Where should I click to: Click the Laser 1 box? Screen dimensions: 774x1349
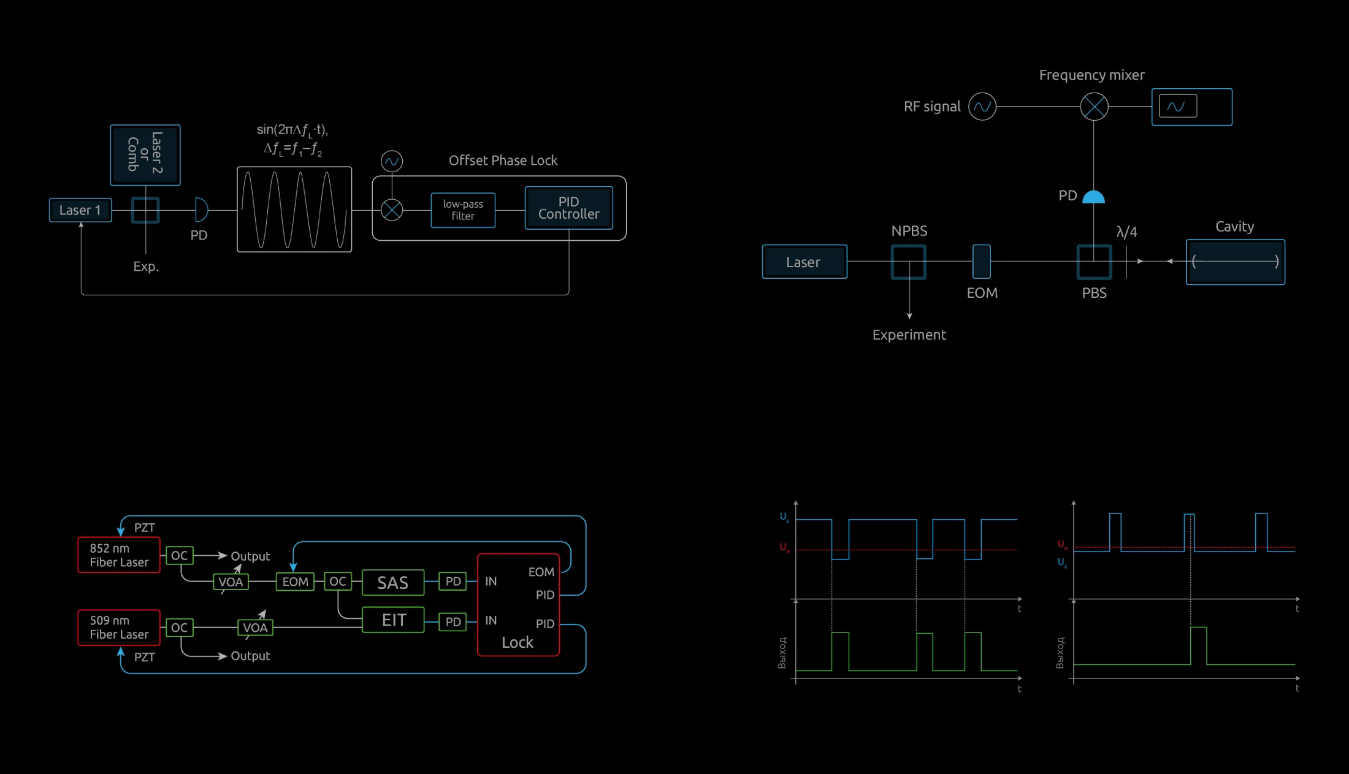80,210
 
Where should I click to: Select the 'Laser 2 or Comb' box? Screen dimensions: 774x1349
145,154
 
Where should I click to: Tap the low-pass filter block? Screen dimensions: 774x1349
463,210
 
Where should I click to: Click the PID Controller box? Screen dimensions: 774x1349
568,208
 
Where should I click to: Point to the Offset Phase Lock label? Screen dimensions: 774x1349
503,161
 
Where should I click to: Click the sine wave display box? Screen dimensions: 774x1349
294,209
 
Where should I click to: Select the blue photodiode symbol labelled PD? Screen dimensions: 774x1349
1093,197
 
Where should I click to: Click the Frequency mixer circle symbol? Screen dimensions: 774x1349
1094,107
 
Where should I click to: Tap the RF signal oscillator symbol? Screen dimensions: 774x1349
982,107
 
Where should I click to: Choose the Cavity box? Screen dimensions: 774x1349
1235,262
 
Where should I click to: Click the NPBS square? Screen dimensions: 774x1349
908,262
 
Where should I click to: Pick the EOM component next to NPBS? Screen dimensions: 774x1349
981,262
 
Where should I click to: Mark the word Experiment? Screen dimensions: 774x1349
909,335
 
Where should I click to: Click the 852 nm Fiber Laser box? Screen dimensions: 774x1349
119,555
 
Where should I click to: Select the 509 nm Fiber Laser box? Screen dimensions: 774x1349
119,628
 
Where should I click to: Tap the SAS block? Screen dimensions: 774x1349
392,582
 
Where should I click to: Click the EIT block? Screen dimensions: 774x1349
393,620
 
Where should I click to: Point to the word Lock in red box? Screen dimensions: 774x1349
518,642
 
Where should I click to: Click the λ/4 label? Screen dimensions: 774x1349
1126,232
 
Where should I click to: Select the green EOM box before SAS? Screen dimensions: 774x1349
295,582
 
